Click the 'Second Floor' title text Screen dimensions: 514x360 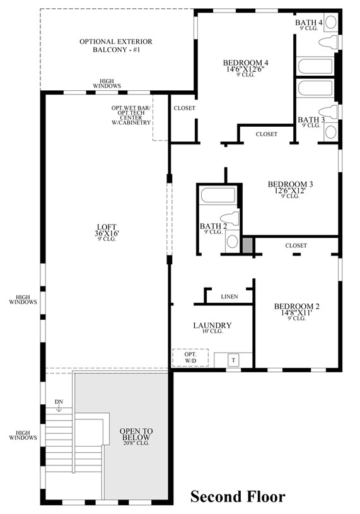(238, 497)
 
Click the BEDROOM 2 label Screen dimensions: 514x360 (296, 312)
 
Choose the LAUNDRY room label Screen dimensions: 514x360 (212, 328)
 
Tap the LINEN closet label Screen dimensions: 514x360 (229, 296)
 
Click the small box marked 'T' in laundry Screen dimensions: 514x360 (233, 360)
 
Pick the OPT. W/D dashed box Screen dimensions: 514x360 (190, 358)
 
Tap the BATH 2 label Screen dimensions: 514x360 (213, 228)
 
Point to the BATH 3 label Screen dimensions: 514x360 (311, 122)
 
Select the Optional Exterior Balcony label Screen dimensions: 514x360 (116, 45)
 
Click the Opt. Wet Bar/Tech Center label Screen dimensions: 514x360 (131, 115)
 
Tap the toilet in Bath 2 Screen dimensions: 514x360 (231, 219)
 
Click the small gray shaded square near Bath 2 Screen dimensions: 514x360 (248, 245)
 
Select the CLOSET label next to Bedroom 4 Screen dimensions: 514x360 (184, 108)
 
